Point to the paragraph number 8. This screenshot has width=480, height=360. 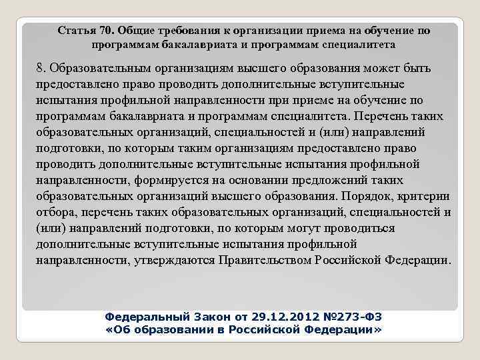click(41, 69)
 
